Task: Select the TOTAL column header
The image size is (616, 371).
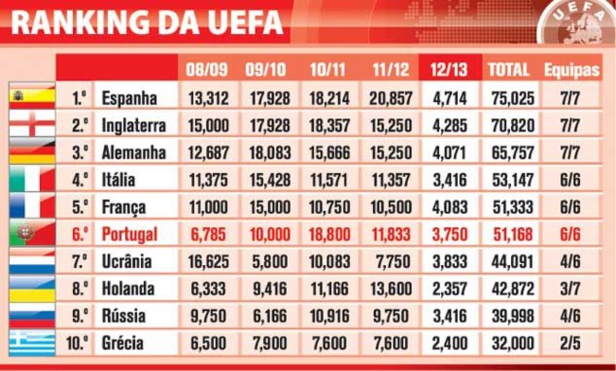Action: (x=508, y=70)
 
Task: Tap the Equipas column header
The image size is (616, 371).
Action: (x=571, y=70)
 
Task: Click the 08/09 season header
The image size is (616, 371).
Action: (x=207, y=70)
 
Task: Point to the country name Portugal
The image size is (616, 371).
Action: (x=129, y=234)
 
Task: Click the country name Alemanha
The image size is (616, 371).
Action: (x=134, y=153)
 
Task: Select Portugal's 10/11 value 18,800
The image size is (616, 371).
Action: (x=330, y=234)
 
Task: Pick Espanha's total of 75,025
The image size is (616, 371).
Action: (x=508, y=98)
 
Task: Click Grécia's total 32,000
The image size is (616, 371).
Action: (x=508, y=343)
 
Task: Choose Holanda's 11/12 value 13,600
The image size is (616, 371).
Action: (x=390, y=289)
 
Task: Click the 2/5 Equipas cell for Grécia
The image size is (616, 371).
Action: (x=570, y=343)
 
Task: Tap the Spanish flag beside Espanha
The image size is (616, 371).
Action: (x=32, y=96)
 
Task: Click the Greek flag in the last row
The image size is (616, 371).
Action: (x=32, y=343)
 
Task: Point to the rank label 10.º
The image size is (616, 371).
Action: (x=77, y=343)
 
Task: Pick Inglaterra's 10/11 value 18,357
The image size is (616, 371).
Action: (x=330, y=125)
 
